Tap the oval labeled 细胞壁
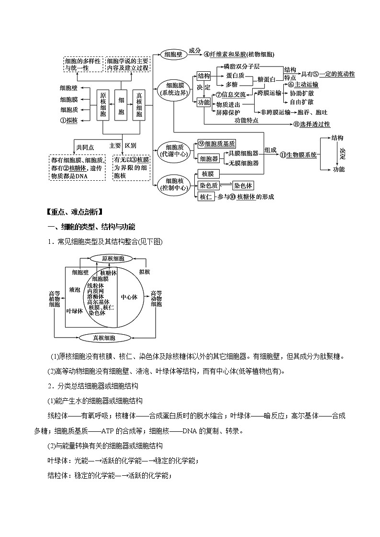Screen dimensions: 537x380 point(173,55)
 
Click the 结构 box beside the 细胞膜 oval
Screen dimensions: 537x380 point(204,76)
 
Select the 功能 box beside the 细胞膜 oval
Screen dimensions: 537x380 point(204,103)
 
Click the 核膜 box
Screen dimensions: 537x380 point(208,174)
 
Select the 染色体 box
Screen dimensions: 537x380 point(244,186)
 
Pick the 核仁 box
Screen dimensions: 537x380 point(206,197)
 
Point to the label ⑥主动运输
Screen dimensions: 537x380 point(303,85)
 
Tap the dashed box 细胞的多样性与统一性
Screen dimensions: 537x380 point(83,65)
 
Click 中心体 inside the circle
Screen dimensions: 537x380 point(129,297)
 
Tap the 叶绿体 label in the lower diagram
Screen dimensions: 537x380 point(75,310)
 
